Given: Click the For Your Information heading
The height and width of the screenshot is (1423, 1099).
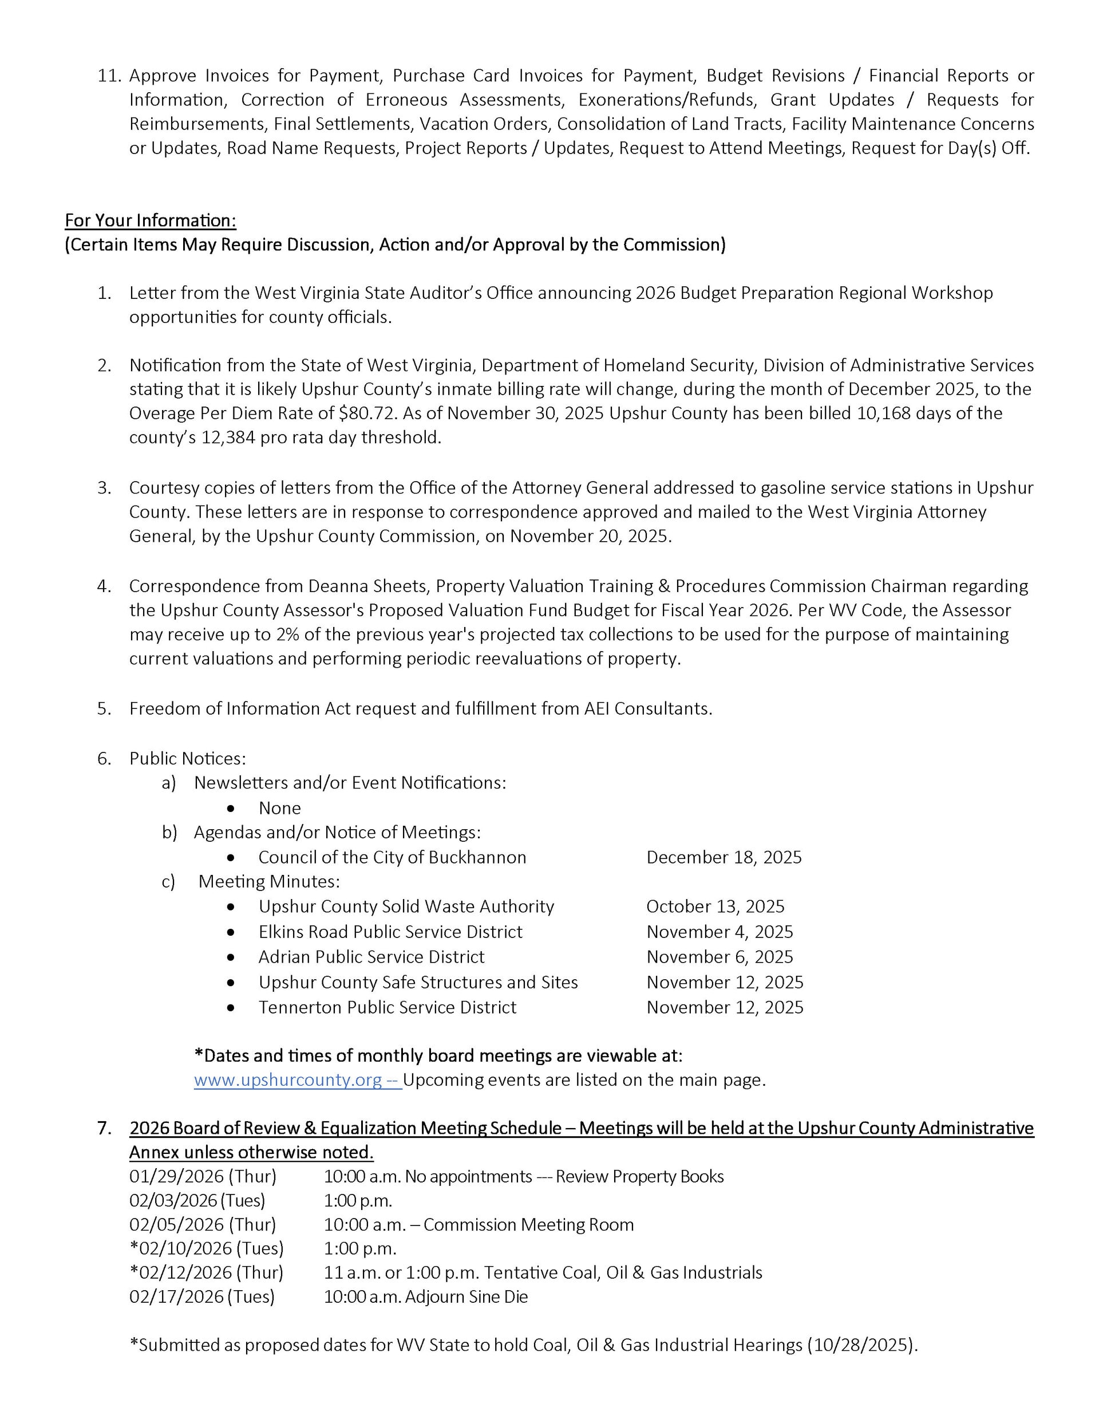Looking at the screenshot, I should click(x=151, y=220).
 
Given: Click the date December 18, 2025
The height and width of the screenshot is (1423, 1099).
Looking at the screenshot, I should click(x=723, y=857).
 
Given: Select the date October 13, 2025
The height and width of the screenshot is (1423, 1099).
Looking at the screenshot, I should click(x=715, y=906).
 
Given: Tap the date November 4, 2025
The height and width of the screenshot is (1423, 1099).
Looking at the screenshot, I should click(x=719, y=932).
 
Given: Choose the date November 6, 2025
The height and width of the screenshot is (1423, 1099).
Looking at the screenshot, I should click(x=719, y=956).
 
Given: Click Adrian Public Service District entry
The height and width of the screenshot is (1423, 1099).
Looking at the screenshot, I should click(x=371, y=956).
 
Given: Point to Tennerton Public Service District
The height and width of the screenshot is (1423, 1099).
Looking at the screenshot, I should click(x=387, y=1007).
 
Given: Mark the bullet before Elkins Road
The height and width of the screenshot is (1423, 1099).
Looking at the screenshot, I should click(x=231, y=932).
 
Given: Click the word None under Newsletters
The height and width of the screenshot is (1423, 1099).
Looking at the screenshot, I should click(x=279, y=808).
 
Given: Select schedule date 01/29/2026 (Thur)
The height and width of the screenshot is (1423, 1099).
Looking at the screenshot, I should click(x=203, y=1176).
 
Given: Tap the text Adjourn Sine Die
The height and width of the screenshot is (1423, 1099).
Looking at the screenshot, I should click(x=466, y=1296).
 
